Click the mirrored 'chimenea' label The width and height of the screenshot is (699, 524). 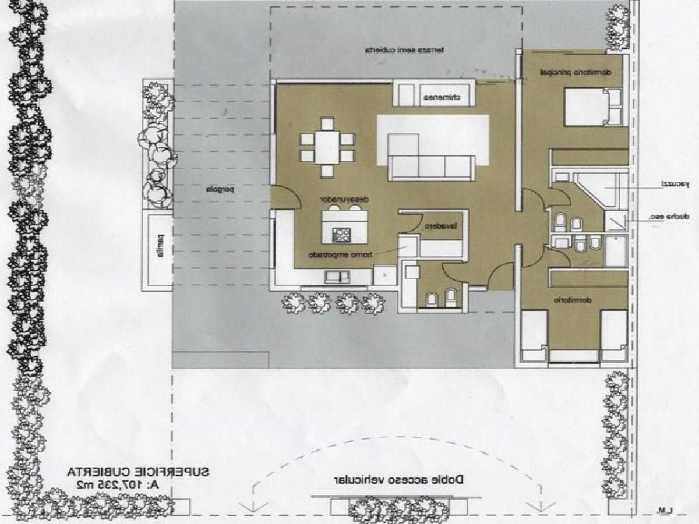point(442,97)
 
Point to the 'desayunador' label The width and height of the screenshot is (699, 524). point(346,198)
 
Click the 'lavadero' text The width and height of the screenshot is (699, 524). point(443,226)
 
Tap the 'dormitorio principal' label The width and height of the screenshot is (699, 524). point(574,73)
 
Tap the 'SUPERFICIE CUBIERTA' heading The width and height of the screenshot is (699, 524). point(137,471)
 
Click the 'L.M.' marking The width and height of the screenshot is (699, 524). point(664,511)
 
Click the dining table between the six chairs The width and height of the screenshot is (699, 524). point(327,148)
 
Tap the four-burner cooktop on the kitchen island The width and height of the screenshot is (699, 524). point(341,235)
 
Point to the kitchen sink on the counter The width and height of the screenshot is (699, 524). point(337,277)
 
